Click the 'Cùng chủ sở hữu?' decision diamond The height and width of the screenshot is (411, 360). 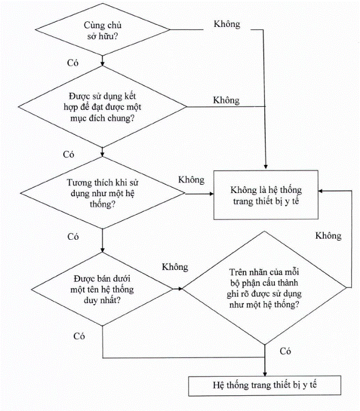click(x=102, y=29)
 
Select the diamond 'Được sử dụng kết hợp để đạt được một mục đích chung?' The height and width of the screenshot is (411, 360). click(x=102, y=107)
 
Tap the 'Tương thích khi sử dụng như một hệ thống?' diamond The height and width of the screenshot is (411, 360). click(x=102, y=193)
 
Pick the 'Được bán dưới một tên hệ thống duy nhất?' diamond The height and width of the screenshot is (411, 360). click(x=102, y=289)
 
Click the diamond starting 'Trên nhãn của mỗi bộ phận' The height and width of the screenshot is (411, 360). click(x=264, y=288)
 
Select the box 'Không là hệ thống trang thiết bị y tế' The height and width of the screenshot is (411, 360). click(x=266, y=195)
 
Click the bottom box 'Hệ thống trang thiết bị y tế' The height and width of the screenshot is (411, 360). click(x=265, y=385)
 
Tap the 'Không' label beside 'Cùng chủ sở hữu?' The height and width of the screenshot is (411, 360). click(x=227, y=24)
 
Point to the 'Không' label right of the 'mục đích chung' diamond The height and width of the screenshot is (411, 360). click(x=226, y=101)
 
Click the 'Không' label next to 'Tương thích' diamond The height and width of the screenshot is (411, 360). click(x=191, y=180)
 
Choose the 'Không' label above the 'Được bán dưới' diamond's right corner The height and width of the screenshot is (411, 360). click(x=175, y=267)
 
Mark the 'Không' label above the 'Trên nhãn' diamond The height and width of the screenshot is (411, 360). click(x=328, y=235)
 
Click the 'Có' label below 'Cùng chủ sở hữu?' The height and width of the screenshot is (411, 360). click(x=72, y=63)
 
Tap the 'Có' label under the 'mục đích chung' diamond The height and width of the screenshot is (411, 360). click(x=68, y=154)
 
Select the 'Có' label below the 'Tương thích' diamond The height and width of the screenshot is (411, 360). click(x=73, y=237)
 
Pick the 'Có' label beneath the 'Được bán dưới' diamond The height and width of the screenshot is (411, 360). click(x=79, y=336)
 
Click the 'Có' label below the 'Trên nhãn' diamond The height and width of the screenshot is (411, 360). click(x=285, y=351)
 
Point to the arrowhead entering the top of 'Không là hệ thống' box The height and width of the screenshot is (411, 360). click(x=266, y=167)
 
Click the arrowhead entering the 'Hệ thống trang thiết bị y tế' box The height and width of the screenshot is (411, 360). click(x=265, y=374)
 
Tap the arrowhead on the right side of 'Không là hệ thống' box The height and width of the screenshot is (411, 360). click(x=321, y=191)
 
